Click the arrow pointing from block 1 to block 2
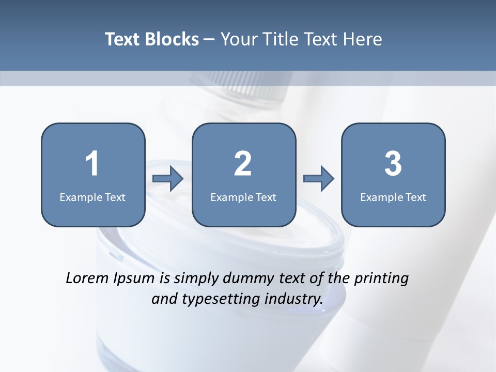pyautogui.click(x=168, y=179)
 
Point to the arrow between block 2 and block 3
pyautogui.click(x=319, y=179)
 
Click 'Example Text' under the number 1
pyautogui.click(x=92, y=197)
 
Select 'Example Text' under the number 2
pyautogui.click(x=243, y=197)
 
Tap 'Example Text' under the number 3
pyautogui.click(x=393, y=197)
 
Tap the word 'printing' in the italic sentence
pyautogui.click(x=381, y=279)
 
